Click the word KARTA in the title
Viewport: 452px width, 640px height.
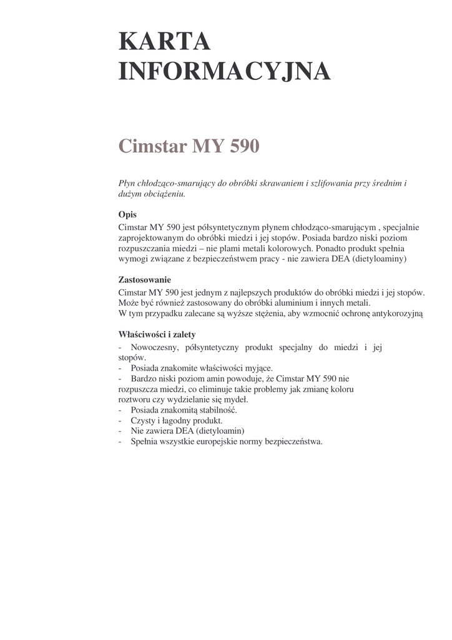[164, 42]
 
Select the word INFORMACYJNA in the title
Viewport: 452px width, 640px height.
[224, 71]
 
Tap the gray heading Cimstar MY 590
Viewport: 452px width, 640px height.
[188, 147]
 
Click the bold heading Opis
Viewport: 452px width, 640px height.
[127, 214]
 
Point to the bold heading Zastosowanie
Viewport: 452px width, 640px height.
[145, 280]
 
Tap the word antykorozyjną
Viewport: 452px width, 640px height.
[395, 313]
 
